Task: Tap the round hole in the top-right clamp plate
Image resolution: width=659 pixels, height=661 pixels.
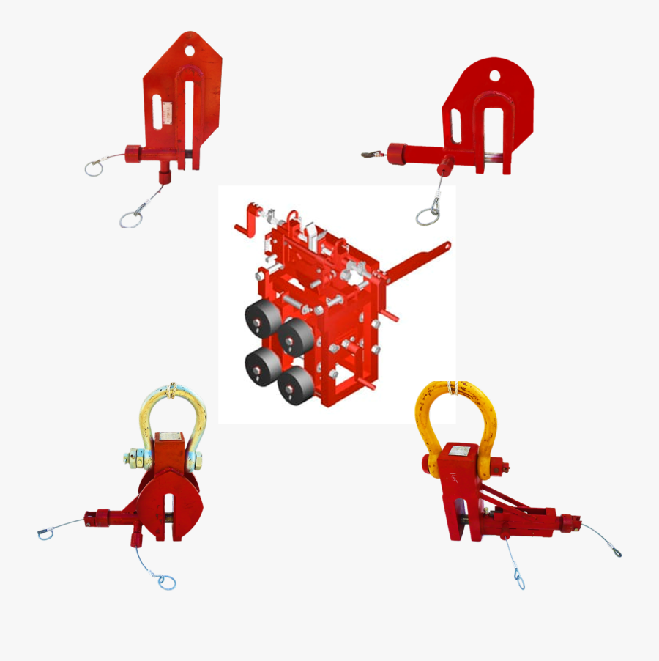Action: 494,75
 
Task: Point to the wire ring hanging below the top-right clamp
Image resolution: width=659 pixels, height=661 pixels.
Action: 428,215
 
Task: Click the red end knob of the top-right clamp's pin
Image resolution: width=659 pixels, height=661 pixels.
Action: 398,155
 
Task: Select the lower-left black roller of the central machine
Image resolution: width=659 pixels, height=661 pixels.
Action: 262,364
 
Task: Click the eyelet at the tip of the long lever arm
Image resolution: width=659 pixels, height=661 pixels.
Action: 445,247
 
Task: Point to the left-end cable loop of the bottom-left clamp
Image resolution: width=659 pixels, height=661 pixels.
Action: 46,534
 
